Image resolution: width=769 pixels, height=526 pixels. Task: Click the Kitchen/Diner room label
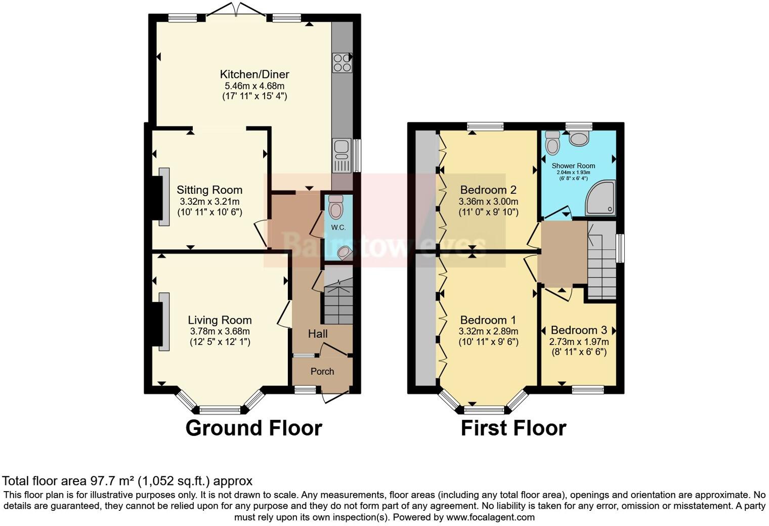(254, 74)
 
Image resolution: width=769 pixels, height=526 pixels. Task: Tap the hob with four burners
(342, 63)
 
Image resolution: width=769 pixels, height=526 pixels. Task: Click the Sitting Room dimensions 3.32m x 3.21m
(209, 201)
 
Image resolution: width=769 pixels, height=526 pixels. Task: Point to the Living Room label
(220, 320)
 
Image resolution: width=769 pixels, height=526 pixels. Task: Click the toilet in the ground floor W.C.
(335, 207)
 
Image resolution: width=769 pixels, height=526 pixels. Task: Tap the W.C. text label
(338, 228)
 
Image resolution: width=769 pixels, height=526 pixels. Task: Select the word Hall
(318, 334)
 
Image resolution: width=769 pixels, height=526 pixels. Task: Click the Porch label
(322, 371)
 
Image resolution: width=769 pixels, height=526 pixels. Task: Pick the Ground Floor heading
(253, 428)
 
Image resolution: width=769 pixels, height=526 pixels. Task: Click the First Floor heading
(513, 428)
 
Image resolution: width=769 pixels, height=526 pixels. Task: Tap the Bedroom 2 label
(488, 190)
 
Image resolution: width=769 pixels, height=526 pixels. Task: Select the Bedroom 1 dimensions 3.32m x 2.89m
(488, 331)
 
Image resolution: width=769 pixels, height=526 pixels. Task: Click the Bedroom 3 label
(579, 330)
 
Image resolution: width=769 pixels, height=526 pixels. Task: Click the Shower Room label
(573, 165)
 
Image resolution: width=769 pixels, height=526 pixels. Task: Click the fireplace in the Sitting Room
(164, 197)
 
